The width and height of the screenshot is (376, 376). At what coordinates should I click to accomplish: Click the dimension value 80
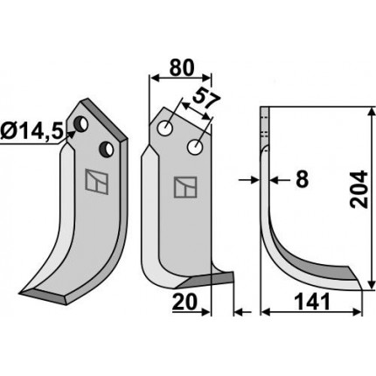pyautogui.click(x=181, y=68)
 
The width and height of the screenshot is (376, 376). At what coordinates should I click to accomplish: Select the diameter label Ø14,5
pyautogui.click(x=31, y=133)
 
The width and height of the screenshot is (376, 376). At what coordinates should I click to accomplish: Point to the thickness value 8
pyautogui.click(x=302, y=179)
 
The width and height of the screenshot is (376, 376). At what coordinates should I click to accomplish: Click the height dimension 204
pyautogui.click(x=359, y=190)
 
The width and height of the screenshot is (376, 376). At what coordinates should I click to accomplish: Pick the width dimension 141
pyautogui.click(x=312, y=302)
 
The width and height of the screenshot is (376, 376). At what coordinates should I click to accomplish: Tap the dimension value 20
pyautogui.click(x=184, y=302)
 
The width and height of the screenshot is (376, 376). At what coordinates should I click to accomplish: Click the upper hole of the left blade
pyautogui.click(x=80, y=124)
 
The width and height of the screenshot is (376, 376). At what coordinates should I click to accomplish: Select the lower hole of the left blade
pyautogui.click(x=106, y=150)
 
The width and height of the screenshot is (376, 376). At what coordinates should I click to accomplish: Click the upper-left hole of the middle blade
pyautogui.click(x=164, y=128)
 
